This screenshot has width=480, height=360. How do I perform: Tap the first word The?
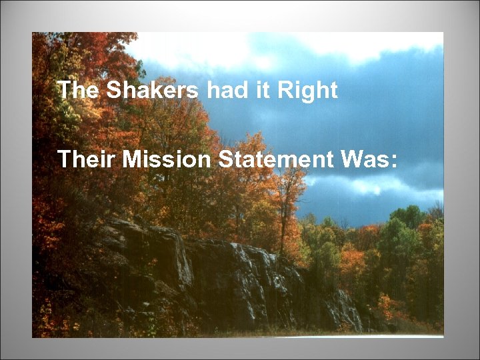(x=77, y=90)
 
